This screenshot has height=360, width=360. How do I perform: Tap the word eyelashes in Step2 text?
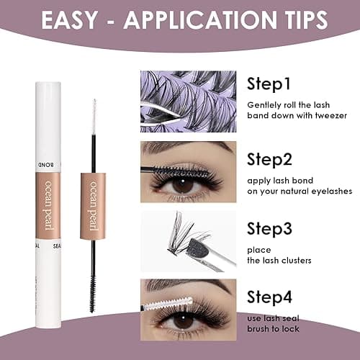coord(329,191)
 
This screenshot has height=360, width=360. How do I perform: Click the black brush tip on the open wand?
coord(93,283)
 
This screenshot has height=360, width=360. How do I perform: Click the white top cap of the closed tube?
coord(48,115)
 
